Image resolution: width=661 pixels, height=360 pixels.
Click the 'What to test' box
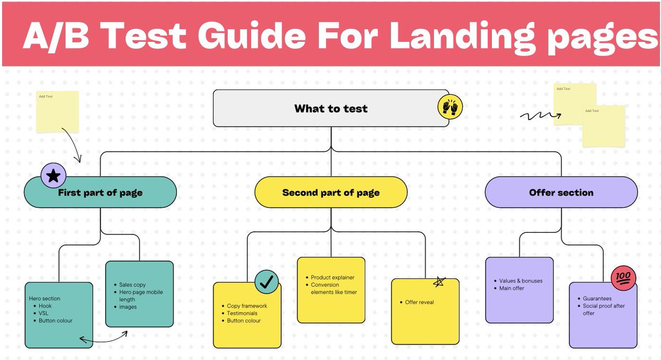tap(330, 108)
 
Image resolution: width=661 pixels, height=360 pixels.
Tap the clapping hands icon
tap(450, 107)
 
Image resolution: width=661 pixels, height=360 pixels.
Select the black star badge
tap(53, 176)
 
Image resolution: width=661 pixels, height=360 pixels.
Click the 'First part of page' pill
tap(100, 193)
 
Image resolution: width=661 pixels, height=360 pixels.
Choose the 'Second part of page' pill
tap(330, 193)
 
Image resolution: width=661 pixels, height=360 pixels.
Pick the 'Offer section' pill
tap(561, 193)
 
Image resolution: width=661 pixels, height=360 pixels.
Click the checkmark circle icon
tap(267, 282)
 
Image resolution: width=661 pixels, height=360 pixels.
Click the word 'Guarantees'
tap(597, 298)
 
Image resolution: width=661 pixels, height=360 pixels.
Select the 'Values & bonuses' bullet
tap(521, 281)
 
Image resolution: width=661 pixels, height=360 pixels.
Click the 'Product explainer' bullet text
tap(333, 277)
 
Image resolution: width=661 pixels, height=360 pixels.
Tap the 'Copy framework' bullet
tap(247, 306)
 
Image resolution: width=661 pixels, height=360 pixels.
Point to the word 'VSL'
tap(44, 313)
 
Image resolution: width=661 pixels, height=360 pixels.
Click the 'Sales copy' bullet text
tap(132, 285)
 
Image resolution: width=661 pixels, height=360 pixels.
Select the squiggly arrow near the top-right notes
tap(540, 116)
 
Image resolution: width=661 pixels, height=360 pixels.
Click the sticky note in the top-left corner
tap(57, 112)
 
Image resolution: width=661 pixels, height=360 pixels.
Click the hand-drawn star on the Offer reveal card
tap(439, 282)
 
